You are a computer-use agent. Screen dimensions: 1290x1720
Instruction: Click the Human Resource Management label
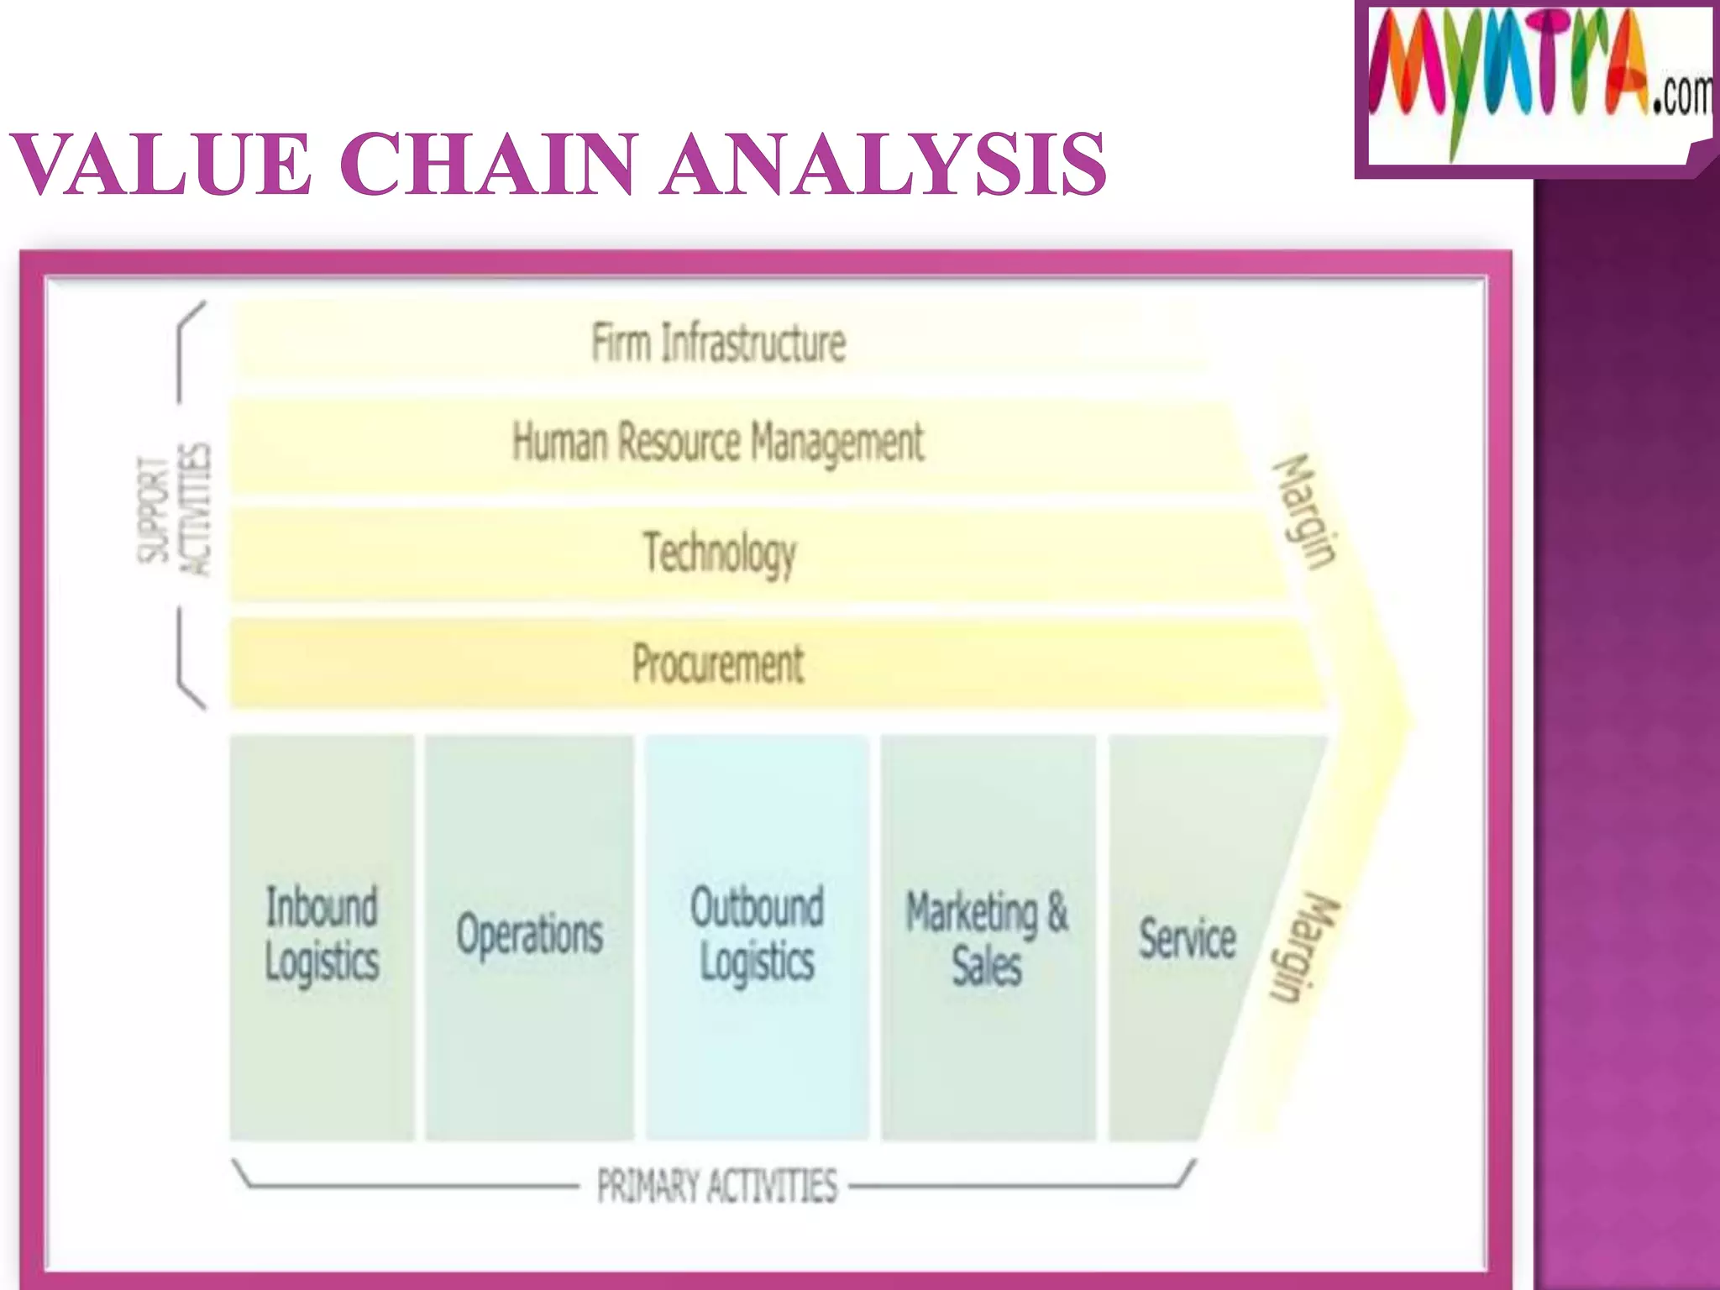click(x=718, y=443)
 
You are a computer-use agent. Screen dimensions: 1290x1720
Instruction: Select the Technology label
click(x=720, y=553)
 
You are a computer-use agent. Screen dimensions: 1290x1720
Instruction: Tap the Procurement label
click(x=718, y=663)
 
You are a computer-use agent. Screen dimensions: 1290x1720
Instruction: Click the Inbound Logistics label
click(x=322, y=933)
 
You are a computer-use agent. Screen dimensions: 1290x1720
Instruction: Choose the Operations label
click(x=530, y=935)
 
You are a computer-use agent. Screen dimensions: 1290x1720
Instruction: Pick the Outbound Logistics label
click(x=757, y=933)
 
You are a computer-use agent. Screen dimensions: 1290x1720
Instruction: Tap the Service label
click(x=1188, y=938)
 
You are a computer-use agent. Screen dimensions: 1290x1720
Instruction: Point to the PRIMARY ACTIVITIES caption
click(x=717, y=1186)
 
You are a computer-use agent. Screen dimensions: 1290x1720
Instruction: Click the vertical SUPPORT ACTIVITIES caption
click(x=175, y=510)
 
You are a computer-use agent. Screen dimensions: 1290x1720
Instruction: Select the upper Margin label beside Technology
click(x=1304, y=511)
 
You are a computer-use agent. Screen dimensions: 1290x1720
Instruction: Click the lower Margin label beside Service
click(x=1304, y=947)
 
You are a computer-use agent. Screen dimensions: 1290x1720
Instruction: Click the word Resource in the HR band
click(x=679, y=443)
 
